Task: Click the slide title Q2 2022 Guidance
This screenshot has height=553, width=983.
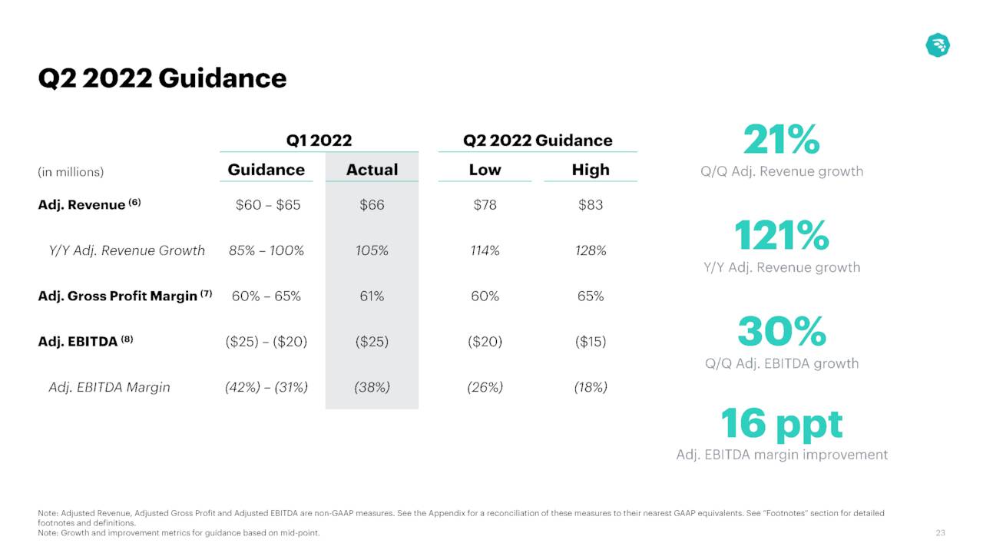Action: tap(162, 78)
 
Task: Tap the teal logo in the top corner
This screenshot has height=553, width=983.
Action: tap(938, 45)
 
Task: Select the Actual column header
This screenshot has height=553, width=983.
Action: tap(372, 170)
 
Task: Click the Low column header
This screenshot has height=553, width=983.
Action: tap(485, 170)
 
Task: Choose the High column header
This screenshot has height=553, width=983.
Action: tap(591, 170)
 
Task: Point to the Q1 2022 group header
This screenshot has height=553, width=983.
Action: tap(319, 140)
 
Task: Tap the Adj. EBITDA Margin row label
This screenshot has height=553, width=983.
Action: tap(109, 387)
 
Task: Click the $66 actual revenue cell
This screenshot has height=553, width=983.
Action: tap(372, 205)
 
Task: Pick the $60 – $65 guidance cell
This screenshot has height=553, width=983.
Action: tap(266, 205)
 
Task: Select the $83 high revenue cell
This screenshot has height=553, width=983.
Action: tap(591, 205)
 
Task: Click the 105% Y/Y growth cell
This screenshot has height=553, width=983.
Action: tap(372, 250)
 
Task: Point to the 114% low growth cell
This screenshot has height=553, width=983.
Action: tap(485, 250)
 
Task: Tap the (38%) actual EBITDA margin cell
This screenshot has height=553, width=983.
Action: tap(372, 387)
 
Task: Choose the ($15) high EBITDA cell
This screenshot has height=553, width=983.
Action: tap(591, 342)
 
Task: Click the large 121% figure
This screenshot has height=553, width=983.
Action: tap(782, 235)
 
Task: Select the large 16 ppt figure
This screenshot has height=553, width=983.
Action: tap(782, 423)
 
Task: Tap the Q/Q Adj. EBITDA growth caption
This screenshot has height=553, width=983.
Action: tap(782, 363)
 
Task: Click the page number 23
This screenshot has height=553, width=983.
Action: tap(940, 533)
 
